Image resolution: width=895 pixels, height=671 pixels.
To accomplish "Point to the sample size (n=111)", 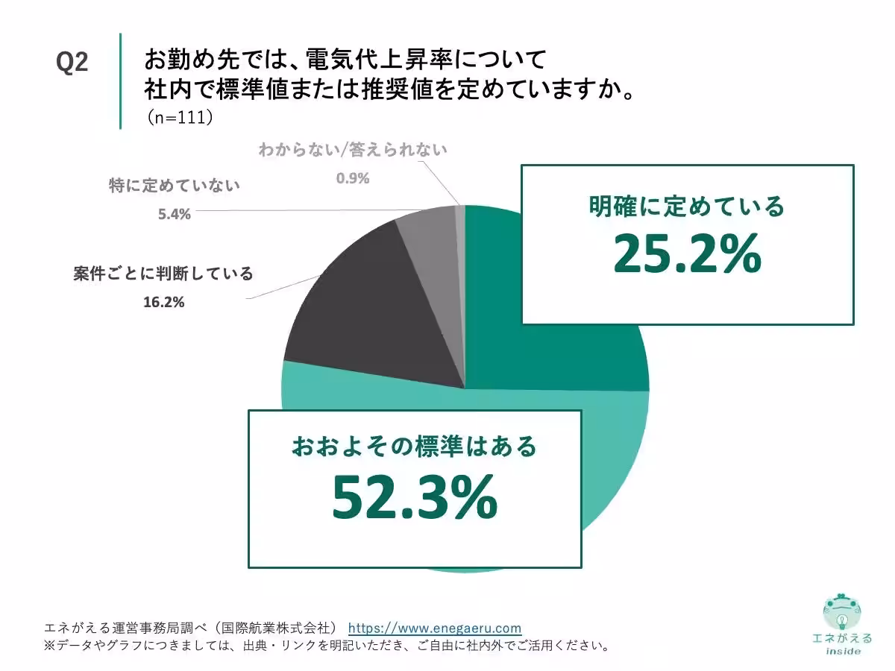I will pos(180,117).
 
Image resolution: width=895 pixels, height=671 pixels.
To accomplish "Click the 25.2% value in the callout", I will pos(687,254).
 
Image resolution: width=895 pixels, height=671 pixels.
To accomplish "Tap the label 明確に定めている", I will pos(687,206).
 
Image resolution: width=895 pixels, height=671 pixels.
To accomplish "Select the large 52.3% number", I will pos(414,497).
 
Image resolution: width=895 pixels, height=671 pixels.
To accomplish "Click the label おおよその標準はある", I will pos(414,447).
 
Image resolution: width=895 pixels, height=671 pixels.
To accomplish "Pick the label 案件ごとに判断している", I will pos(163,274).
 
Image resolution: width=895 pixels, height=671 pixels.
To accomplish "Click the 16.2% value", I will pos(163,303).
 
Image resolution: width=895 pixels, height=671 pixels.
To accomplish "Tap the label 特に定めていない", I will pos(174,186).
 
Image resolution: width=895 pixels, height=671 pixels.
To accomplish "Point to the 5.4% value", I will pos(174,215).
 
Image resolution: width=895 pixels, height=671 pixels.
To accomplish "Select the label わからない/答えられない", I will pos(353,149).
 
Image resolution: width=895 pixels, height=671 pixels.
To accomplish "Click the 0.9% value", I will pos(353,178).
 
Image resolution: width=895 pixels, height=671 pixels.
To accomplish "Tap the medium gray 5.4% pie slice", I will pos(428,239).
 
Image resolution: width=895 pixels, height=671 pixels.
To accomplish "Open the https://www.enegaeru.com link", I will pos(435,628).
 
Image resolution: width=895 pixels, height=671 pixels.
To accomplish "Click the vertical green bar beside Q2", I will pos(120,81).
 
